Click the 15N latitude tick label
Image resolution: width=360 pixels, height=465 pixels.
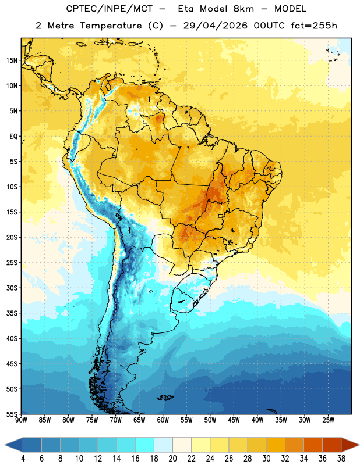[x=12, y=60]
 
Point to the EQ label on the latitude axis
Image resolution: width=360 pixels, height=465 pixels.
[x=13, y=137]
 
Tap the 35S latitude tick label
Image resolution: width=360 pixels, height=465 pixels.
[x=12, y=313]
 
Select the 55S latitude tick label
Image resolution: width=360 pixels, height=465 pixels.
[x=12, y=414]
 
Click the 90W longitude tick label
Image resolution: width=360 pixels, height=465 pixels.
[x=22, y=420]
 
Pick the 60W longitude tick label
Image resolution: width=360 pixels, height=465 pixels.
[x=163, y=420]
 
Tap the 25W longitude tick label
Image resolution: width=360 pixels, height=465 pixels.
[x=328, y=420]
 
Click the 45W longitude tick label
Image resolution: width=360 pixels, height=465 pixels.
[x=234, y=420]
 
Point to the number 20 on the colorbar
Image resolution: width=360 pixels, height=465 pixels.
[x=172, y=459]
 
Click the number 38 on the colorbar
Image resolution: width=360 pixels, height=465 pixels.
[x=341, y=459]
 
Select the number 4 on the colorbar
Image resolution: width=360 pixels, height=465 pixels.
[x=23, y=459]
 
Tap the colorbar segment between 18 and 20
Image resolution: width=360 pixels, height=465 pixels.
[x=163, y=445]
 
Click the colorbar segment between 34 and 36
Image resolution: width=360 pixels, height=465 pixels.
[x=313, y=445]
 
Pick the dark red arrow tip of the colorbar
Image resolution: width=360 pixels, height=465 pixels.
[x=351, y=445]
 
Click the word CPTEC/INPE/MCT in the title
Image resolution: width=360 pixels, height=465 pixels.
[x=110, y=9]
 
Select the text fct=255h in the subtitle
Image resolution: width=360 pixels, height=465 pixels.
[x=314, y=26]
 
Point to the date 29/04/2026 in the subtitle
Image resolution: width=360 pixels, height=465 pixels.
[x=215, y=26]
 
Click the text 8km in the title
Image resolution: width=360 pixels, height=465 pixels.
[x=243, y=9]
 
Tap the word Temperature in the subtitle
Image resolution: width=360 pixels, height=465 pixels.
[x=111, y=26]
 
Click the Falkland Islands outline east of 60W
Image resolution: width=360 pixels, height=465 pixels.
[x=165, y=398]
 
